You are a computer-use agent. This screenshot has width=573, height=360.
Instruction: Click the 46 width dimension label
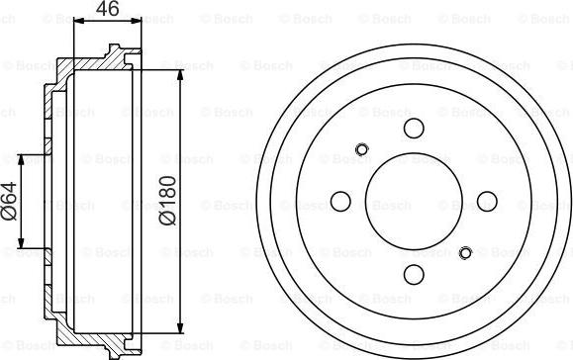(108, 8)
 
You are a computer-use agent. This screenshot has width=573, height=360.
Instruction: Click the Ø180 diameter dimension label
(168, 201)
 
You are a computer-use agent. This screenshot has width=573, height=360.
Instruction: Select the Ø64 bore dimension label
(9, 201)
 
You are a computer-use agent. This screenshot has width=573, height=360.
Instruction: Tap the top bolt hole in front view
(414, 129)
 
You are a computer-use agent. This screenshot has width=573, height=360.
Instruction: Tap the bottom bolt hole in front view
(414, 275)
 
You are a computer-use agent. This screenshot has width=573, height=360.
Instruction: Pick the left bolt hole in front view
(340, 201)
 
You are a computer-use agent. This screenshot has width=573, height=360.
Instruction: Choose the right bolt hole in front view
(487, 201)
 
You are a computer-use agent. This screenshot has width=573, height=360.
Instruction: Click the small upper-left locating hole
(362, 149)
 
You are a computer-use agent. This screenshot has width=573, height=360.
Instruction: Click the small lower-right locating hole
(465, 252)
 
